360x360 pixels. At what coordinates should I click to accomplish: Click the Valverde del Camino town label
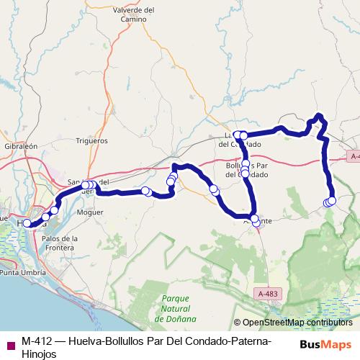pyautogui.click(x=135, y=14)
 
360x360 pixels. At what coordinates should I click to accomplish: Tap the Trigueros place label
pyautogui.click(x=91, y=142)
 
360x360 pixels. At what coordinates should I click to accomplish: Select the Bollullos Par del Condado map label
pyautogui.click(x=248, y=170)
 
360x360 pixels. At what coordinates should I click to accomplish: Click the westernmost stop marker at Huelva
pyautogui.click(x=27, y=223)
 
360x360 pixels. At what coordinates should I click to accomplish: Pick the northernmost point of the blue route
pyautogui.click(x=320, y=116)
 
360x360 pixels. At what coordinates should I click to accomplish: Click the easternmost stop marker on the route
pyautogui.click(x=332, y=200)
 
